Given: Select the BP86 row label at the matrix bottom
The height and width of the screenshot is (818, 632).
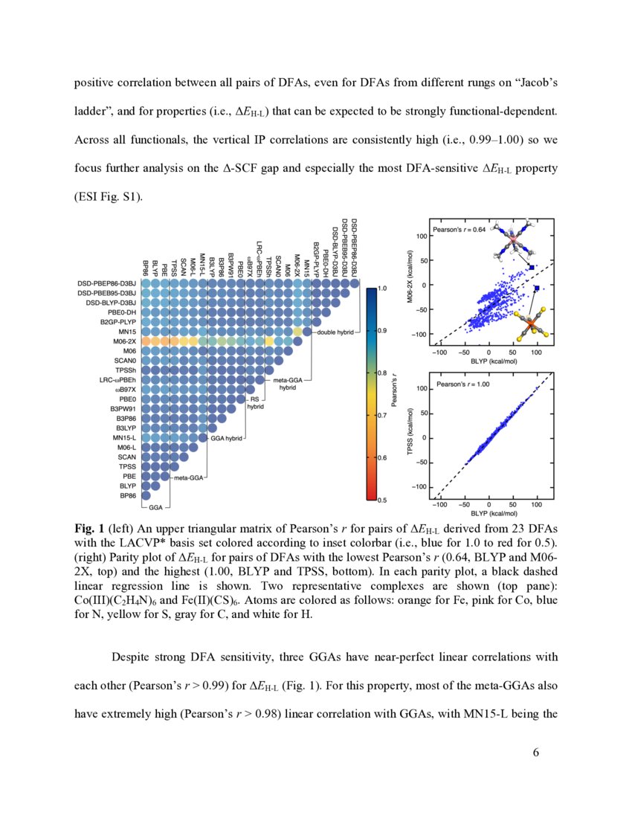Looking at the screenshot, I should pyautogui.click(x=126, y=495).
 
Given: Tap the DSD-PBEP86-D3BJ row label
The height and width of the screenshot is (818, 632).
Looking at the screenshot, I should pyautogui.click(x=107, y=283).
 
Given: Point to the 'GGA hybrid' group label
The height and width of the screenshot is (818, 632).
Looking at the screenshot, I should pyautogui.click(x=226, y=439).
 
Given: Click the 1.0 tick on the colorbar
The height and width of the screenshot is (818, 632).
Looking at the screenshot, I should pyautogui.click(x=383, y=287).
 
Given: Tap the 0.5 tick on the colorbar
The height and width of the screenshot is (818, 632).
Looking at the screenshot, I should pyautogui.click(x=383, y=500).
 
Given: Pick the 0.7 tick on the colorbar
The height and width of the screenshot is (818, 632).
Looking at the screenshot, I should pyautogui.click(x=383, y=415).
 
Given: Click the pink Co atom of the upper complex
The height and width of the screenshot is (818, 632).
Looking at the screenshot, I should pyautogui.click(x=512, y=242).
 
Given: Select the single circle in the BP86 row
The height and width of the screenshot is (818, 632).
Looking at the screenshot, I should pyautogui.click(x=146, y=495).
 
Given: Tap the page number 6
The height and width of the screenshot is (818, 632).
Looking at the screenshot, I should pyautogui.click(x=535, y=753).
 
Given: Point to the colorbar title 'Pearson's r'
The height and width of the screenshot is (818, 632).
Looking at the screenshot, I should pyautogui.click(x=402, y=394).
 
